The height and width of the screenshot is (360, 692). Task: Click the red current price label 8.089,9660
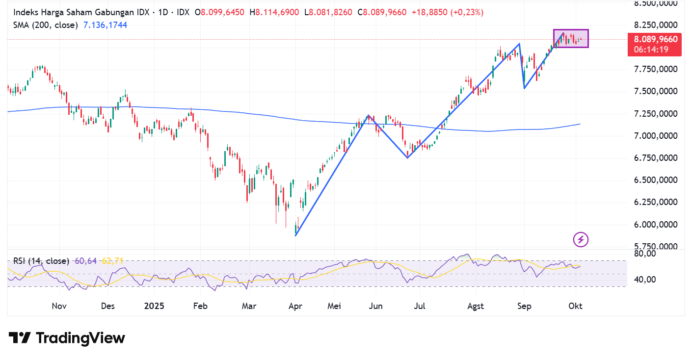pos(655,40)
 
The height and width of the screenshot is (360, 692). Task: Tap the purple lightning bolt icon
pos(581,239)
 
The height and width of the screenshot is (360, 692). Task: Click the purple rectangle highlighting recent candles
pos(571,38)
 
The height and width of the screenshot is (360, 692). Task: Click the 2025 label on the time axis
pos(154,306)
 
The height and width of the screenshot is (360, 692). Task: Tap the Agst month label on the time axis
pos(475,306)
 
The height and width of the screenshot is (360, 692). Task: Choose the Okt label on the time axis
pos(575,306)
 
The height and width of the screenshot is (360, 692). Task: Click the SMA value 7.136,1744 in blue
pos(105,25)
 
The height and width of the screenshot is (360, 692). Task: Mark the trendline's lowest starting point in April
pos(295,235)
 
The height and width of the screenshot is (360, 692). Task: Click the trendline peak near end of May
pos(368,116)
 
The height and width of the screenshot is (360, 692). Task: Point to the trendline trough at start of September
pos(524,88)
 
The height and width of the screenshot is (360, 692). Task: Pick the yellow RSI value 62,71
pos(112,261)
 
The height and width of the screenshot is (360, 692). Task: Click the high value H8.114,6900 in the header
pos(275,12)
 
